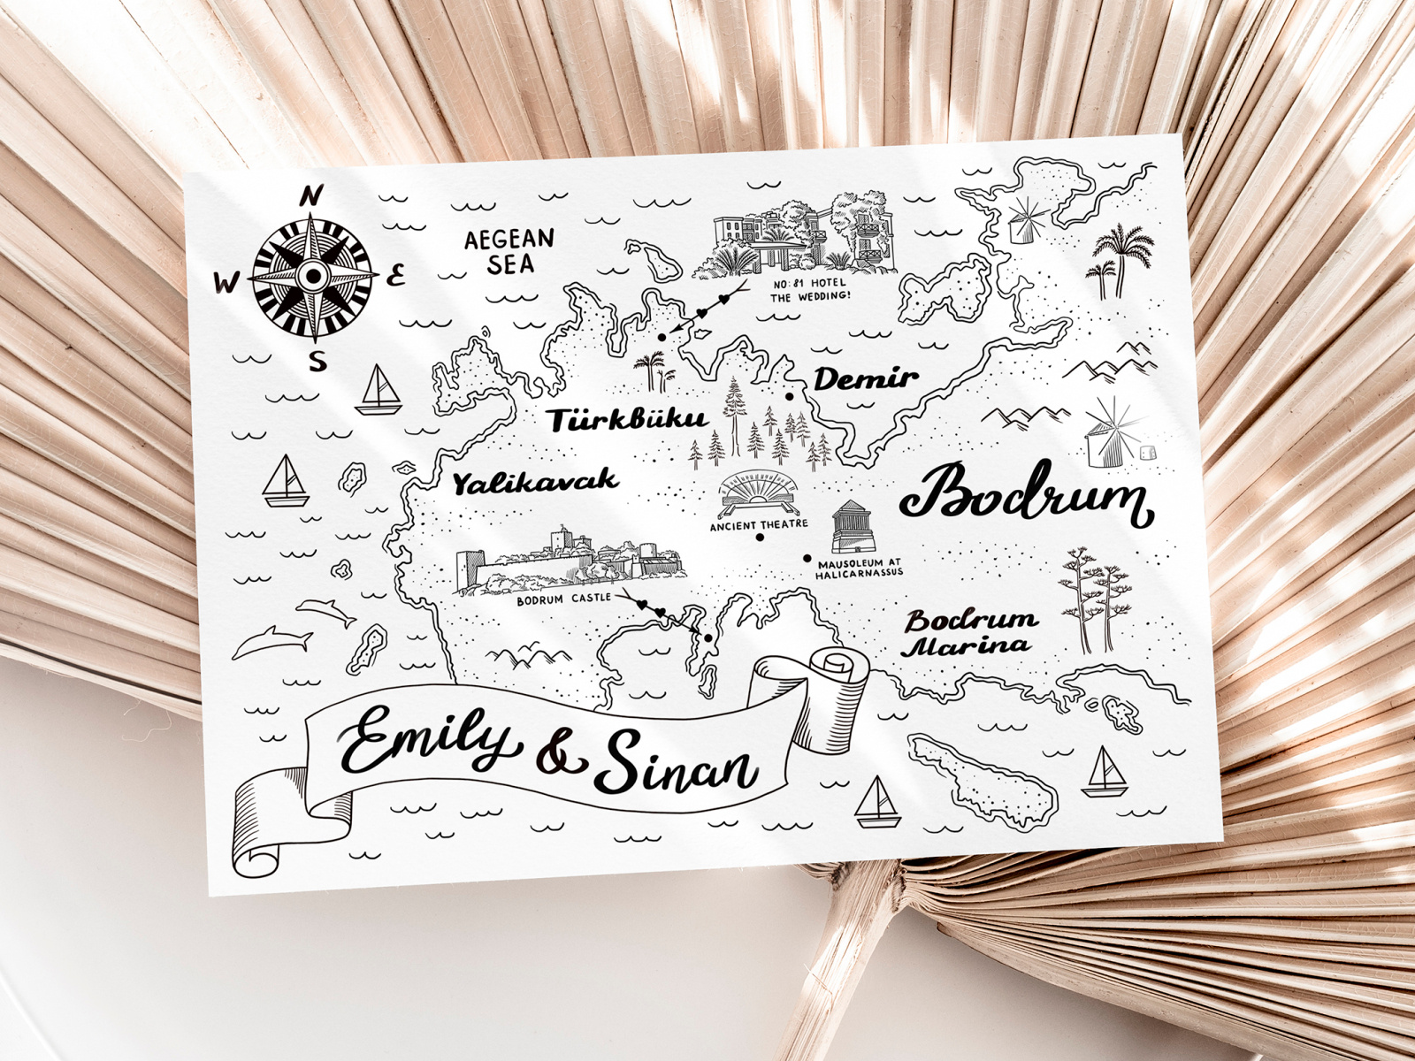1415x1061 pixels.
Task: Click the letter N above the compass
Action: tap(311, 196)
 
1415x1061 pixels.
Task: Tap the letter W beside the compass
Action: tap(226, 282)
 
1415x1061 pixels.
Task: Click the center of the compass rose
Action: tap(312, 277)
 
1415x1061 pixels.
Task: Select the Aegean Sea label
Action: tap(510, 251)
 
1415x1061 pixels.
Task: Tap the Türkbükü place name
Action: tap(627, 420)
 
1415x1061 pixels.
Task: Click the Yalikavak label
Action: tap(534, 482)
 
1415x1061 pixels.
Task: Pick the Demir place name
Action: tap(865, 379)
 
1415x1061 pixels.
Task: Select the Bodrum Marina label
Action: tap(969, 632)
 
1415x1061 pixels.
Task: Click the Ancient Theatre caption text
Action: tap(759, 525)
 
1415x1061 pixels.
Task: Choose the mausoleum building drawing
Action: tap(850, 527)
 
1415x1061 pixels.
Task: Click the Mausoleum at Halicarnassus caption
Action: tap(859, 569)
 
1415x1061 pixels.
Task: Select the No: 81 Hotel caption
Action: tap(809, 290)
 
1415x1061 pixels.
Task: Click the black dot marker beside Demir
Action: tap(789, 397)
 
